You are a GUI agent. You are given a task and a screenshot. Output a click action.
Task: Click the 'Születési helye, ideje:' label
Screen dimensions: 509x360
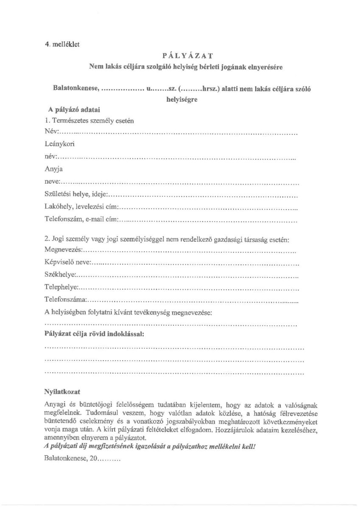click(x=76, y=195)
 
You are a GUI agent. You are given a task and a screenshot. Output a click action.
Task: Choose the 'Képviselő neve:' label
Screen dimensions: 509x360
click(x=67, y=263)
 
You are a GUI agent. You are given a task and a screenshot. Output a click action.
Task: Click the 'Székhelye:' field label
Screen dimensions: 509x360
click(x=60, y=275)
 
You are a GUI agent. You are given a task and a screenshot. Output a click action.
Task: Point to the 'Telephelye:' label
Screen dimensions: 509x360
click(x=61, y=288)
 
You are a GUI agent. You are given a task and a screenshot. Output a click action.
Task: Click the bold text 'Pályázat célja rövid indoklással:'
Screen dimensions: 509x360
click(x=94, y=333)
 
